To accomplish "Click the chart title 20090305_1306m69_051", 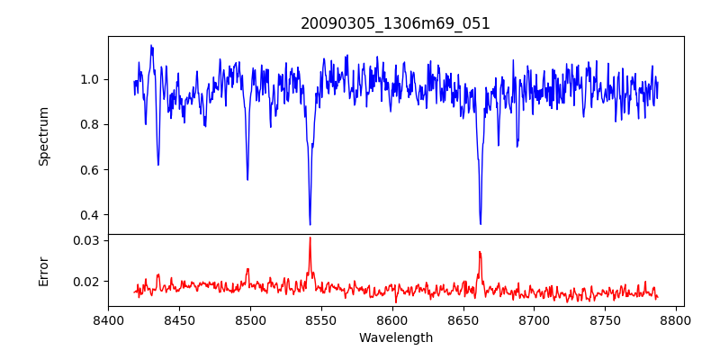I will [395, 23].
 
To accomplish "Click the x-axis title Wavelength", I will [395, 337].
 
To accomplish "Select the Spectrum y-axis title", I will [44, 136].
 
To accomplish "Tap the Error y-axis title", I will [44, 270].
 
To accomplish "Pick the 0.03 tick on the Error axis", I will [85, 240].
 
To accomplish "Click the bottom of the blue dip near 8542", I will [310, 224].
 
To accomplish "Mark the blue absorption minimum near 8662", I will [481, 223].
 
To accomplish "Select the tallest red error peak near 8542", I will [310, 238].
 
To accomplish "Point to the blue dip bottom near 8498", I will [247, 179].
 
